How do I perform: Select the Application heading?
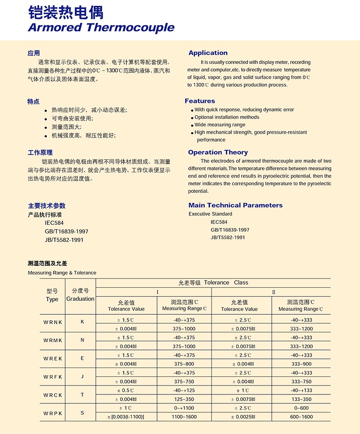208,53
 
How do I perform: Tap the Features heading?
200,101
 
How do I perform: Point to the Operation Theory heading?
218,152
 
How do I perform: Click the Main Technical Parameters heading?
235,206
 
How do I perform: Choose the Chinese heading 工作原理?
40,152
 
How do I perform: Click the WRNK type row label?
53,322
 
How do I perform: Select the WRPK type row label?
53,413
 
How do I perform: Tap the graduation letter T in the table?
82,395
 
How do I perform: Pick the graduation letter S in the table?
82,413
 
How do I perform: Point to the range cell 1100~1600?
184,417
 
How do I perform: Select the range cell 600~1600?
301,417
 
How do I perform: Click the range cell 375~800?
184,364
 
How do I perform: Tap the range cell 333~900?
301,364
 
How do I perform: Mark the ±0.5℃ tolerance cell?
126,390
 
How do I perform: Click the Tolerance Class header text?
213,283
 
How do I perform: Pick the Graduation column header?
81,299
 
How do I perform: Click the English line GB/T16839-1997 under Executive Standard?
230,230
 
